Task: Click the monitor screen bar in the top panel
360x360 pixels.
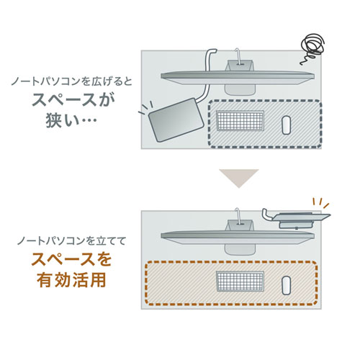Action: click(238, 75)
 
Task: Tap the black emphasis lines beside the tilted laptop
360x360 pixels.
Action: click(144, 113)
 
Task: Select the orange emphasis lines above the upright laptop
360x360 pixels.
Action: click(320, 201)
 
